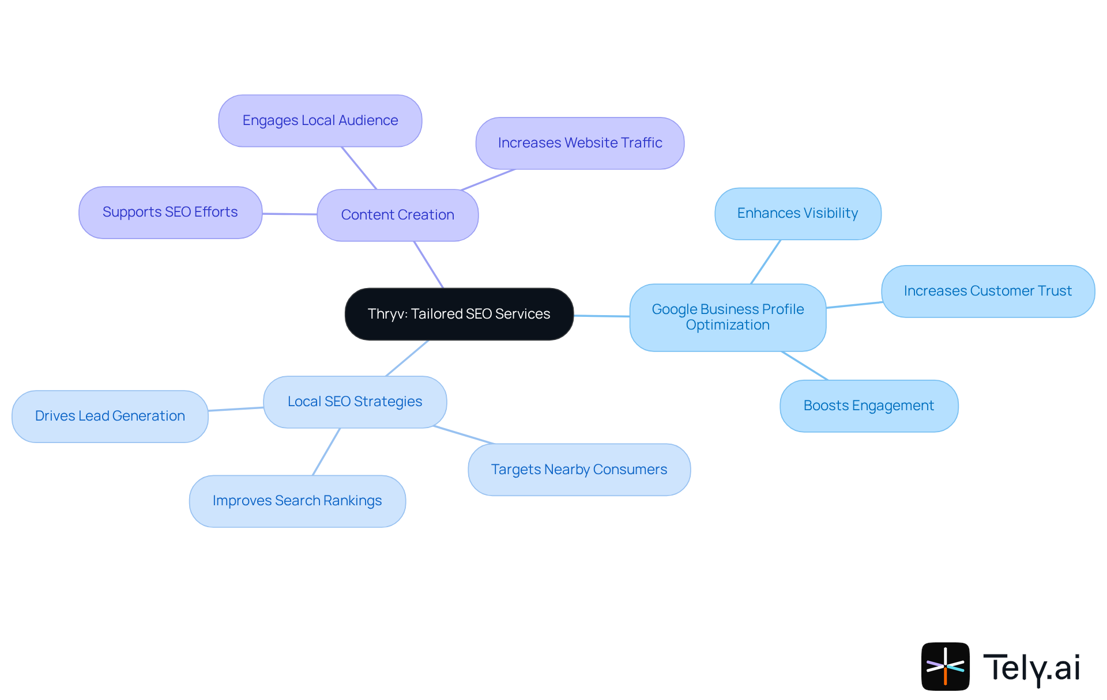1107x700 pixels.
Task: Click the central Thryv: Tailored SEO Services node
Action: point(459,314)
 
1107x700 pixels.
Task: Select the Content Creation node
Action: point(397,215)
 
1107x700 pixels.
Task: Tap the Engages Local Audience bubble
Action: point(320,120)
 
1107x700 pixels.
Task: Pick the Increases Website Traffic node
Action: point(579,143)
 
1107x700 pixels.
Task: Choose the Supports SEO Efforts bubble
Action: point(170,212)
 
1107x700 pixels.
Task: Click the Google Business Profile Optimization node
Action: point(728,317)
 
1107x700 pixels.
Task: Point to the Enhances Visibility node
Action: point(797,213)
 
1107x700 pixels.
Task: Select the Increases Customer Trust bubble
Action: point(988,291)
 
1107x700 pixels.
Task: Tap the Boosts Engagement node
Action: point(868,406)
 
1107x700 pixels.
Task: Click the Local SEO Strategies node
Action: point(355,402)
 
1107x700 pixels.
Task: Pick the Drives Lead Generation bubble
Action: point(110,416)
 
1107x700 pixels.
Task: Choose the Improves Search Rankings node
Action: point(297,501)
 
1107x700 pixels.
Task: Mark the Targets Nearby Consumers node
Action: point(579,470)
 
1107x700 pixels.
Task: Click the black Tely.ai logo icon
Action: point(945,666)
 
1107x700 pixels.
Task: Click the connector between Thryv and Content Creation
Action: point(428,264)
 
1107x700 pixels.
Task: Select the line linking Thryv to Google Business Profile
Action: point(601,316)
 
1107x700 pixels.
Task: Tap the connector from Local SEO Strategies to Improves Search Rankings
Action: point(326,452)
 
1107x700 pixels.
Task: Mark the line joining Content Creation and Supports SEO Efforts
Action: point(289,214)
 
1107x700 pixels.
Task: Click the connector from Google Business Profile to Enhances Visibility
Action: point(766,262)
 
